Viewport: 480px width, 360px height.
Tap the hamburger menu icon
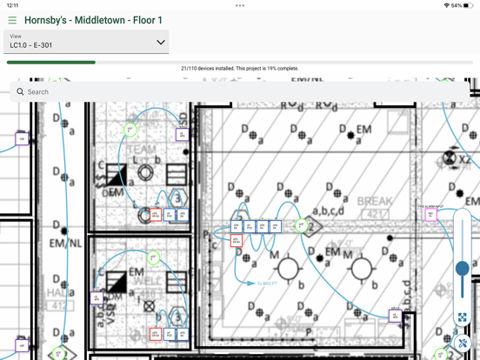12,20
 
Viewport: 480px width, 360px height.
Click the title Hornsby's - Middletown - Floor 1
93,20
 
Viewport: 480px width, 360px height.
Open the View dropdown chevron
160,42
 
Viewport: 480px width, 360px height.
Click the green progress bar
51,63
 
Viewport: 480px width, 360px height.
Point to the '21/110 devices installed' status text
239,69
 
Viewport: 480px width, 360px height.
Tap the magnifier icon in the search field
20,91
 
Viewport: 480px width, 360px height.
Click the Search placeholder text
38,91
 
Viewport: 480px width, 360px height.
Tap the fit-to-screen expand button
463,318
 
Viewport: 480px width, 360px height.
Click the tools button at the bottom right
463,343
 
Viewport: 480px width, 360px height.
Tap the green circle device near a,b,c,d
301,225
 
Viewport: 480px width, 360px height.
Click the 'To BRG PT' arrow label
265,283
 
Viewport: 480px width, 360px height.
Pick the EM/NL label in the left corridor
64,244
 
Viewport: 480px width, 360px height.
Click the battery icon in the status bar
470,5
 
